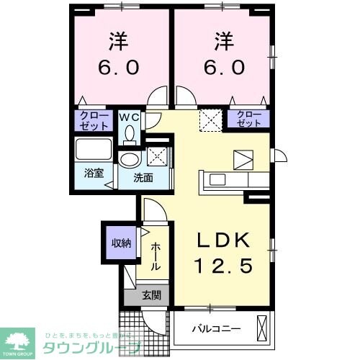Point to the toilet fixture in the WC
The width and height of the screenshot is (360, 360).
[x=130, y=134]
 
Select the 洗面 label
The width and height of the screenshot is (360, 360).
[x=142, y=177]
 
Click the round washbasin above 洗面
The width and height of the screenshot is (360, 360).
[x=130, y=160]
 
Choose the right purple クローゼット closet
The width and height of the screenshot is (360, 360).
[x=248, y=119]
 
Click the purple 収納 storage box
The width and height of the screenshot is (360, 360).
[x=120, y=243]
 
